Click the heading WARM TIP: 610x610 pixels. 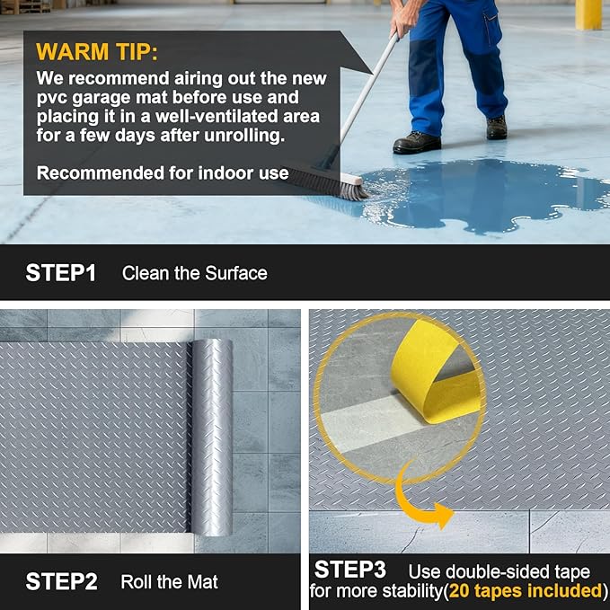coord(98,51)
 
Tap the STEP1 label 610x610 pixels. coord(60,273)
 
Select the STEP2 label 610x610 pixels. coord(61,581)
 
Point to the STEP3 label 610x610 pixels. coord(349,570)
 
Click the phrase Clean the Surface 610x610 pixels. coord(194,273)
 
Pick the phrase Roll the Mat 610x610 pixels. coord(169,582)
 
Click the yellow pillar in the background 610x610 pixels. coord(588,14)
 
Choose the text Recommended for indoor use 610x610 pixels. coord(162,172)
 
